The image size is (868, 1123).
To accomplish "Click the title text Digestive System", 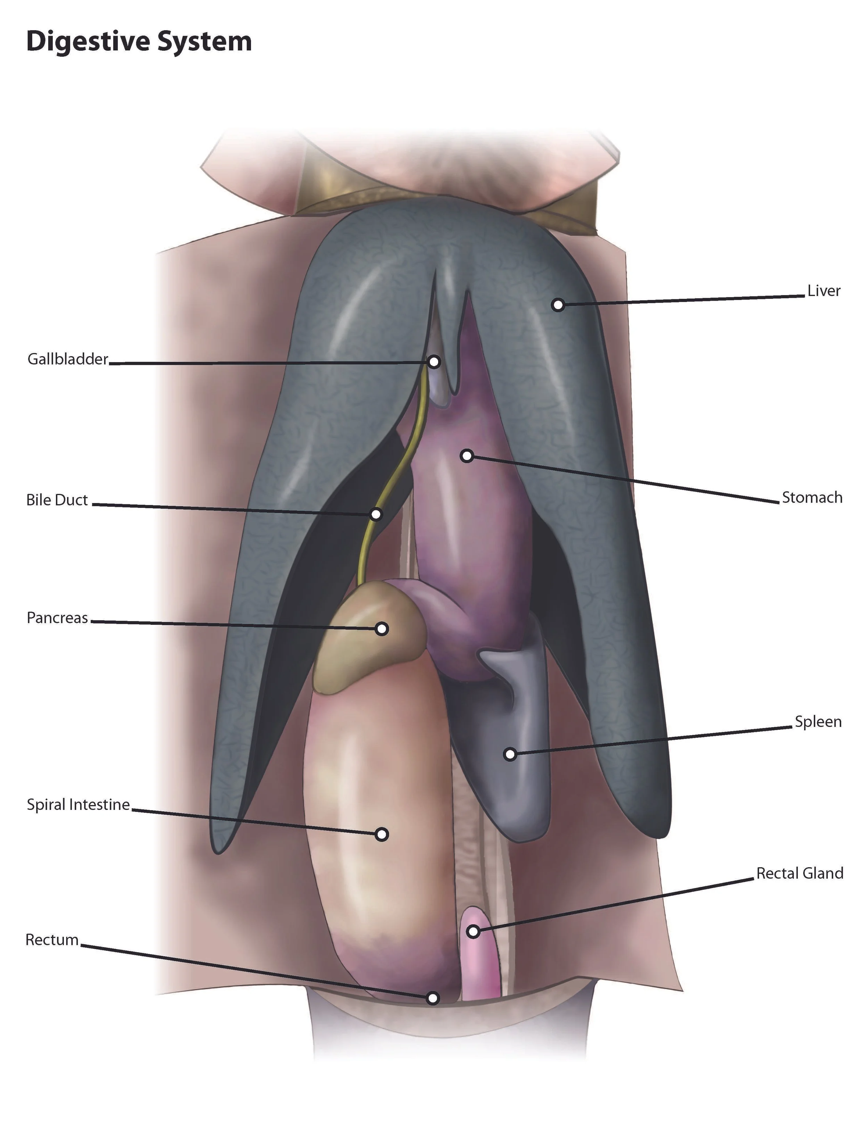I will [139, 41].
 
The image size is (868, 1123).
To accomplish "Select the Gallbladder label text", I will [68, 359].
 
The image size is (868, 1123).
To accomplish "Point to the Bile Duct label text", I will [57, 500].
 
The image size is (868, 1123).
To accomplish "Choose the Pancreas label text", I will [57, 618].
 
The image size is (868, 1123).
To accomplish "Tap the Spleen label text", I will [818, 721].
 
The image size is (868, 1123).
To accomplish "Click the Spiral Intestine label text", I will [78, 804].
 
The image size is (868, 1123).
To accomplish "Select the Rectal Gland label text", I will [800, 873].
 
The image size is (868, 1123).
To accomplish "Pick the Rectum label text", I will [52, 939].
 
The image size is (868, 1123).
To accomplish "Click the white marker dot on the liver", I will [558, 305].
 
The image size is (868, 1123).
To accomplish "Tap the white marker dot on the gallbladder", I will [434, 361].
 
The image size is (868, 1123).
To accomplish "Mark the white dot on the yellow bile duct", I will [376, 514].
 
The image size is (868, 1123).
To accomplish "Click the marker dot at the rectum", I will [433, 998].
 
